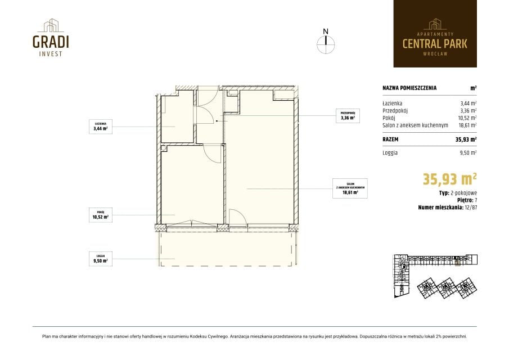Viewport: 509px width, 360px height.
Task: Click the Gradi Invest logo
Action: tap(51, 37)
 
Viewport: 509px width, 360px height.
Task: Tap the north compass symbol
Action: tap(326, 42)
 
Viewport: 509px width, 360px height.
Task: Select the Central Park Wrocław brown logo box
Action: tap(435, 34)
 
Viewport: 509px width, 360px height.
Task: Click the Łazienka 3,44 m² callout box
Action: tap(101, 127)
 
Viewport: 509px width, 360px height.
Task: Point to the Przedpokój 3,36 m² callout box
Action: tap(348, 115)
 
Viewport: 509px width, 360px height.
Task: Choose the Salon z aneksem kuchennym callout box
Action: tap(350, 188)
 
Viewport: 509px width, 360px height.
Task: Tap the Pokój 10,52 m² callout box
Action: tap(101, 215)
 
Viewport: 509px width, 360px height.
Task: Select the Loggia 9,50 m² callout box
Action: tap(101, 259)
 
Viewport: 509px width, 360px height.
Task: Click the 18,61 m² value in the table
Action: tap(468, 125)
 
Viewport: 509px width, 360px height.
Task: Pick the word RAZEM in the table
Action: tap(390, 139)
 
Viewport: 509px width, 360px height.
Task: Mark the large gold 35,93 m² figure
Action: tap(449, 179)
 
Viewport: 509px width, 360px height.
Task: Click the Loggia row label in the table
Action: tap(390, 153)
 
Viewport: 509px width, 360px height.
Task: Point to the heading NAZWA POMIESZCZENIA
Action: tap(409, 88)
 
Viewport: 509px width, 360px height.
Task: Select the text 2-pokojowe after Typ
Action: tap(464, 193)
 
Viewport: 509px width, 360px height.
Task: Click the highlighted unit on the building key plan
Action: tap(458, 263)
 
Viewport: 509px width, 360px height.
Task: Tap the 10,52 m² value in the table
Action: tap(468, 118)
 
